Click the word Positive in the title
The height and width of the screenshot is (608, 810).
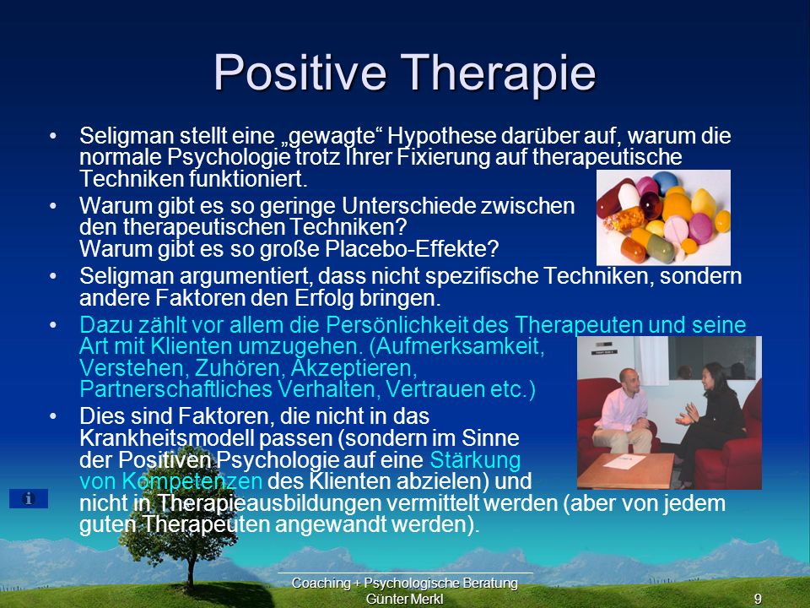coord(300,72)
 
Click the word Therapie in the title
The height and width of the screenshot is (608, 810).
coord(498,73)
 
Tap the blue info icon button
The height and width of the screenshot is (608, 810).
coord(29,498)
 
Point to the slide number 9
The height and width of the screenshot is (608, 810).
coord(758,599)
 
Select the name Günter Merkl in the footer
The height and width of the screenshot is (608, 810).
coord(404,599)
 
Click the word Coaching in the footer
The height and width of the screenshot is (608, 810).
coord(321,584)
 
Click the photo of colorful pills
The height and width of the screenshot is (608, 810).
coord(663,217)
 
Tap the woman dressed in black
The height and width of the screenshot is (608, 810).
coord(711,420)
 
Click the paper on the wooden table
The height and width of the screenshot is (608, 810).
coord(624,462)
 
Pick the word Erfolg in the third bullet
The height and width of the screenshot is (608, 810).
coord(324,298)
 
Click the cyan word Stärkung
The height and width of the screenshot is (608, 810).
coord(475,460)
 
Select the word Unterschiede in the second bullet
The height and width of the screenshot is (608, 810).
coord(408,206)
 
